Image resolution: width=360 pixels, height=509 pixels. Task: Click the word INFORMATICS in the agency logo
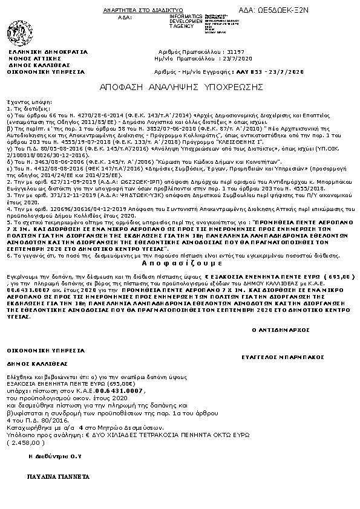(x=187, y=15)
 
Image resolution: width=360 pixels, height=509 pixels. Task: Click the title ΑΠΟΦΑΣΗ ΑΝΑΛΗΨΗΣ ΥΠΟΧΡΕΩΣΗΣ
(x=181, y=87)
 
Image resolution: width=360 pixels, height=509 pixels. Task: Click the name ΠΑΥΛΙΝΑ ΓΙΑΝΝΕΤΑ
(x=54, y=477)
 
